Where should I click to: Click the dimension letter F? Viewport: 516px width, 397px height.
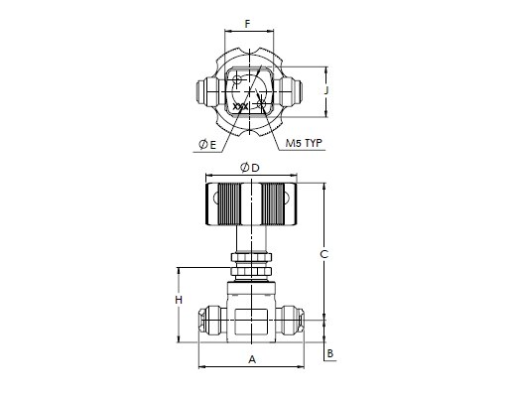point(247,24)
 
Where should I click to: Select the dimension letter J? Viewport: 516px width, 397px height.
point(326,90)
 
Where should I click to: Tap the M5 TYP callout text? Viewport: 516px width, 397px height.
point(304,143)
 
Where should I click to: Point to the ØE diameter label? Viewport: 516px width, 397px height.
point(207,144)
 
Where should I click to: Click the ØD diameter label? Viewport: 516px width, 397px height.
point(250,168)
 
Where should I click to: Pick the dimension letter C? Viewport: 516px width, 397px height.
point(324,254)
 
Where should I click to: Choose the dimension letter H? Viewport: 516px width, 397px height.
point(179,300)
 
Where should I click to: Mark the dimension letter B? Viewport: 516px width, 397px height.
point(330,353)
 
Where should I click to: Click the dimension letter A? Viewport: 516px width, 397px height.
point(252,359)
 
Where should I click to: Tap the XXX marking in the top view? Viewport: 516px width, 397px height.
point(240,107)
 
